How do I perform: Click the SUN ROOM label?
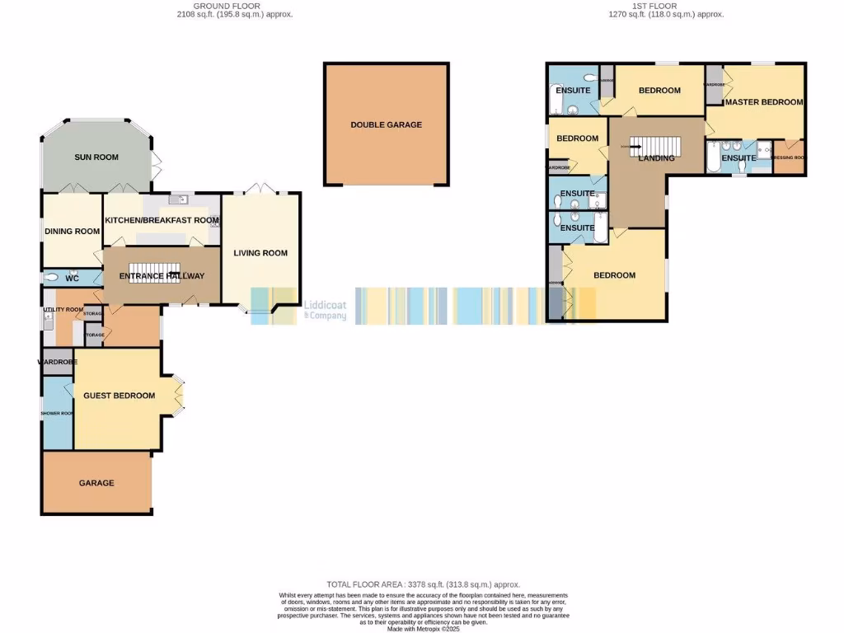pyautogui.click(x=96, y=157)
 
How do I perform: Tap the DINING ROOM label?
pyautogui.click(x=72, y=232)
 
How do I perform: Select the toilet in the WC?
pyautogui.click(x=52, y=278)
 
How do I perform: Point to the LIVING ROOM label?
pyautogui.click(x=260, y=253)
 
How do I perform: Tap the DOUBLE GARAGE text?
pyautogui.click(x=386, y=124)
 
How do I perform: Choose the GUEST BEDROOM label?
pyautogui.click(x=119, y=396)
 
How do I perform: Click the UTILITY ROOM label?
pyautogui.click(x=63, y=310)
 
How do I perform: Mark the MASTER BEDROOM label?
pyautogui.click(x=764, y=102)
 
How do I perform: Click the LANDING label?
pyautogui.click(x=657, y=158)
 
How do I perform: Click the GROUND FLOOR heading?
pyautogui.click(x=237, y=7)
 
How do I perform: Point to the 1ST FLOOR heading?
pyautogui.click(x=654, y=7)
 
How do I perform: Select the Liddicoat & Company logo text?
pyautogui.click(x=325, y=309)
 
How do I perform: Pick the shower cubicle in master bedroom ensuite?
pyautogui.click(x=763, y=150)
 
